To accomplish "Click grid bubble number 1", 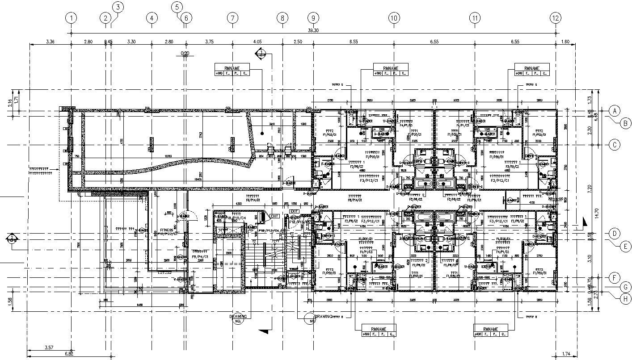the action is (71, 18).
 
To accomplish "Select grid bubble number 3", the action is (118, 7).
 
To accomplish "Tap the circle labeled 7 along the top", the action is (232, 18).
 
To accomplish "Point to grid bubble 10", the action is (393, 18).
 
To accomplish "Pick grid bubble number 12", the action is (555, 18).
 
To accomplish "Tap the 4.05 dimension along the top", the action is (257, 42).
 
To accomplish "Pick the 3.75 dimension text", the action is (209, 42).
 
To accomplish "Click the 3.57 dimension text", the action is (50, 347).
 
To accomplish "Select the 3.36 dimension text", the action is (50, 42).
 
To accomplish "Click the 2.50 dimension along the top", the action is (298, 42).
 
